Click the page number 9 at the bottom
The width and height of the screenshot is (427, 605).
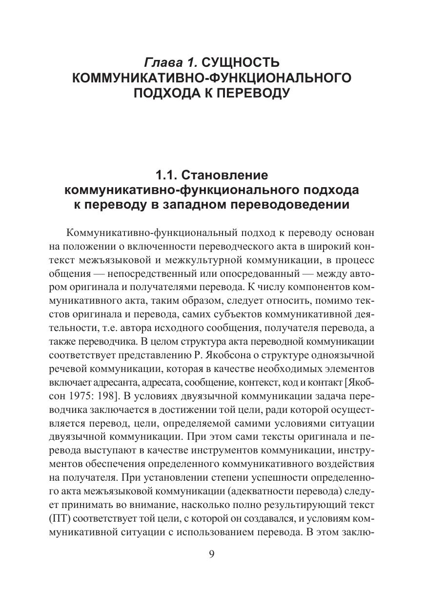[x=212, y=555]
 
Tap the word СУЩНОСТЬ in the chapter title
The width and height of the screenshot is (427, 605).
[x=241, y=63]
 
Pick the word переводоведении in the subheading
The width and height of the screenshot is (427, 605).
[x=290, y=204]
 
